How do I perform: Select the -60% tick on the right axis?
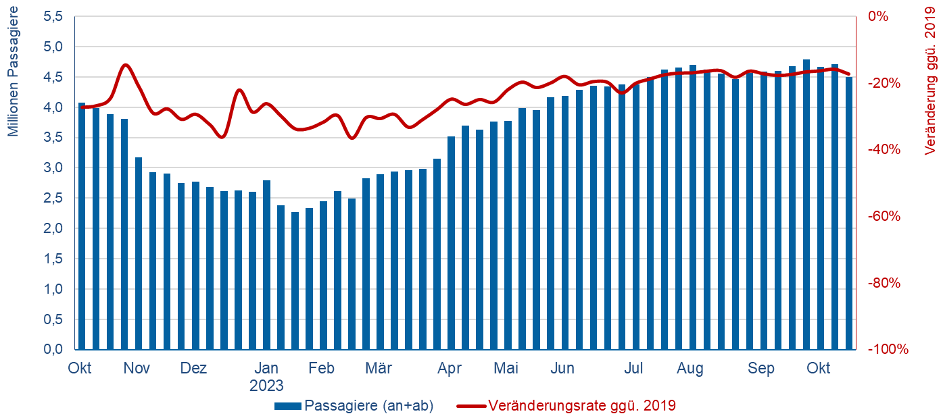coord(883,217)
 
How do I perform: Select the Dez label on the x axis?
coord(193,369)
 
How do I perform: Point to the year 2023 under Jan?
coord(266,386)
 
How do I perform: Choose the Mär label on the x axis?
coord(379,369)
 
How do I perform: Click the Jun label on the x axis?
coord(562,369)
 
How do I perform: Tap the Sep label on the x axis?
coord(761,369)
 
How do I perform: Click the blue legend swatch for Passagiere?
coord(288,406)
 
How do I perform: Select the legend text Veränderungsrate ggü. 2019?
coord(581,406)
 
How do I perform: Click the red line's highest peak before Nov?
coord(125,65)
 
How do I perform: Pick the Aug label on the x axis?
coord(690,369)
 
